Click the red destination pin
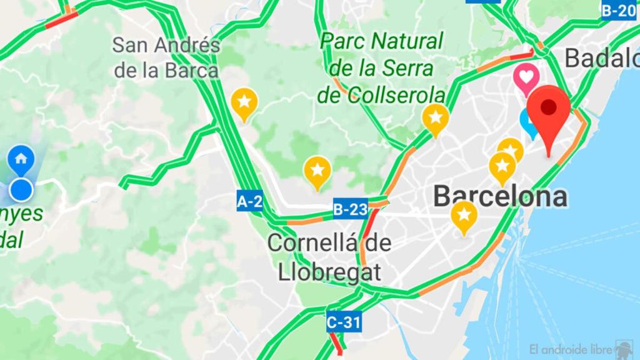(548, 110)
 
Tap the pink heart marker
(526, 77)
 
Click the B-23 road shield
(350, 209)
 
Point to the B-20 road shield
(619, 10)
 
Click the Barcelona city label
(500, 196)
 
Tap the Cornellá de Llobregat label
(329, 257)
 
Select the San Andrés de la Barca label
(166, 57)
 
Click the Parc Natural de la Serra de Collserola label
(381, 68)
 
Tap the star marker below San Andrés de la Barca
(244, 102)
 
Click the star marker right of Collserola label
(436, 117)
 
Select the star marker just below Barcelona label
(464, 215)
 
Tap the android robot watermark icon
(624, 347)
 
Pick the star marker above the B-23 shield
(317, 170)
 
